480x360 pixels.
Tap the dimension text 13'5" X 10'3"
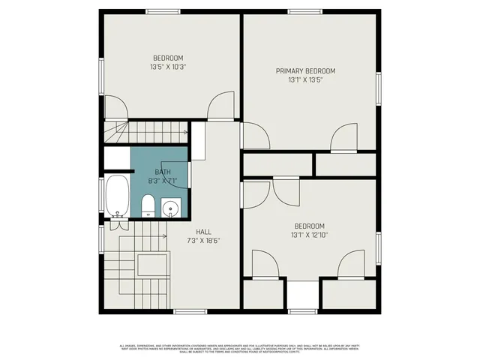click(168, 67)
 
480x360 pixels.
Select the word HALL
click(203, 232)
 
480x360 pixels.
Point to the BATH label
click(163, 172)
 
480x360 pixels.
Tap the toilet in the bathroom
click(148, 205)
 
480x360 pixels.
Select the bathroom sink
click(171, 208)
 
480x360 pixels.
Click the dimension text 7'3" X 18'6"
click(203, 241)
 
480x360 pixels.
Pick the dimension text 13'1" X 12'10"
click(308, 235)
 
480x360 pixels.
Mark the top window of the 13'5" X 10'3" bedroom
click(163, 11)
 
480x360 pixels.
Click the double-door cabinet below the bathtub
click(119, 223)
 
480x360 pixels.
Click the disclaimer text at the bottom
click(240, 349)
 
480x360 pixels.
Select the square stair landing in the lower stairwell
click(151, 265)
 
